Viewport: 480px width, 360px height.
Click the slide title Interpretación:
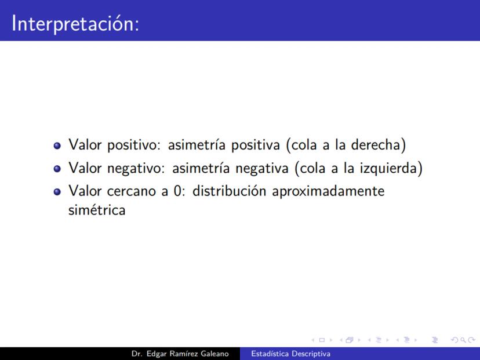pyautogui.click(x=75, y=24)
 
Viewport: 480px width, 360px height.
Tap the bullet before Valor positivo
pyautogui.click(x=57, y=146)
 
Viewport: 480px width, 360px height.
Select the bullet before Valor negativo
pyautogui.click(x=57, y=169)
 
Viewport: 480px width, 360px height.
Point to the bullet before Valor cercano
pyautogui.click(x=57, y=192)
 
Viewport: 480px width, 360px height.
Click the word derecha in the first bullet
pyautogui.click(x=376, y=145)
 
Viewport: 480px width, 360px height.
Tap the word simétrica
pyautogui.click(x=97, y=210)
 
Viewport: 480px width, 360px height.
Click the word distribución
pyautogui.click(x=230, y=191)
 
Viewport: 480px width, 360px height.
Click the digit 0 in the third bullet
pyautogui.click(x=177, y=191)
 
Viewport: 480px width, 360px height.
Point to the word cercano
pyautogui.click(x=132, y=192)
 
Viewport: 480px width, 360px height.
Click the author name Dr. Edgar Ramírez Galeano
pyautogui.click(x=180, y=354)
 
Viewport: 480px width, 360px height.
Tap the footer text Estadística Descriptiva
pyautogui.click(x=291, y=354)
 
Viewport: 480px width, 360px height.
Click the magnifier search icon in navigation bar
pyautogui.click(x=463, y=340)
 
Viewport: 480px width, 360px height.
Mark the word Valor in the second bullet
pyautogui.click(x=85, y=168)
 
